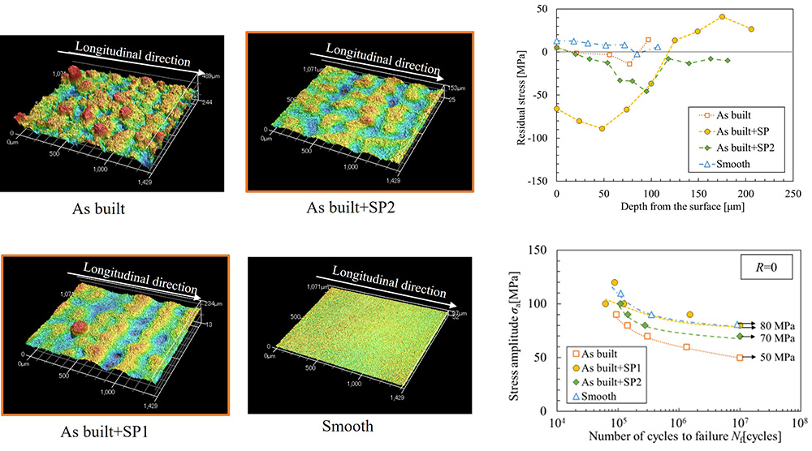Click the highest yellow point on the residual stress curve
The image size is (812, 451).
click(723, 16)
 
